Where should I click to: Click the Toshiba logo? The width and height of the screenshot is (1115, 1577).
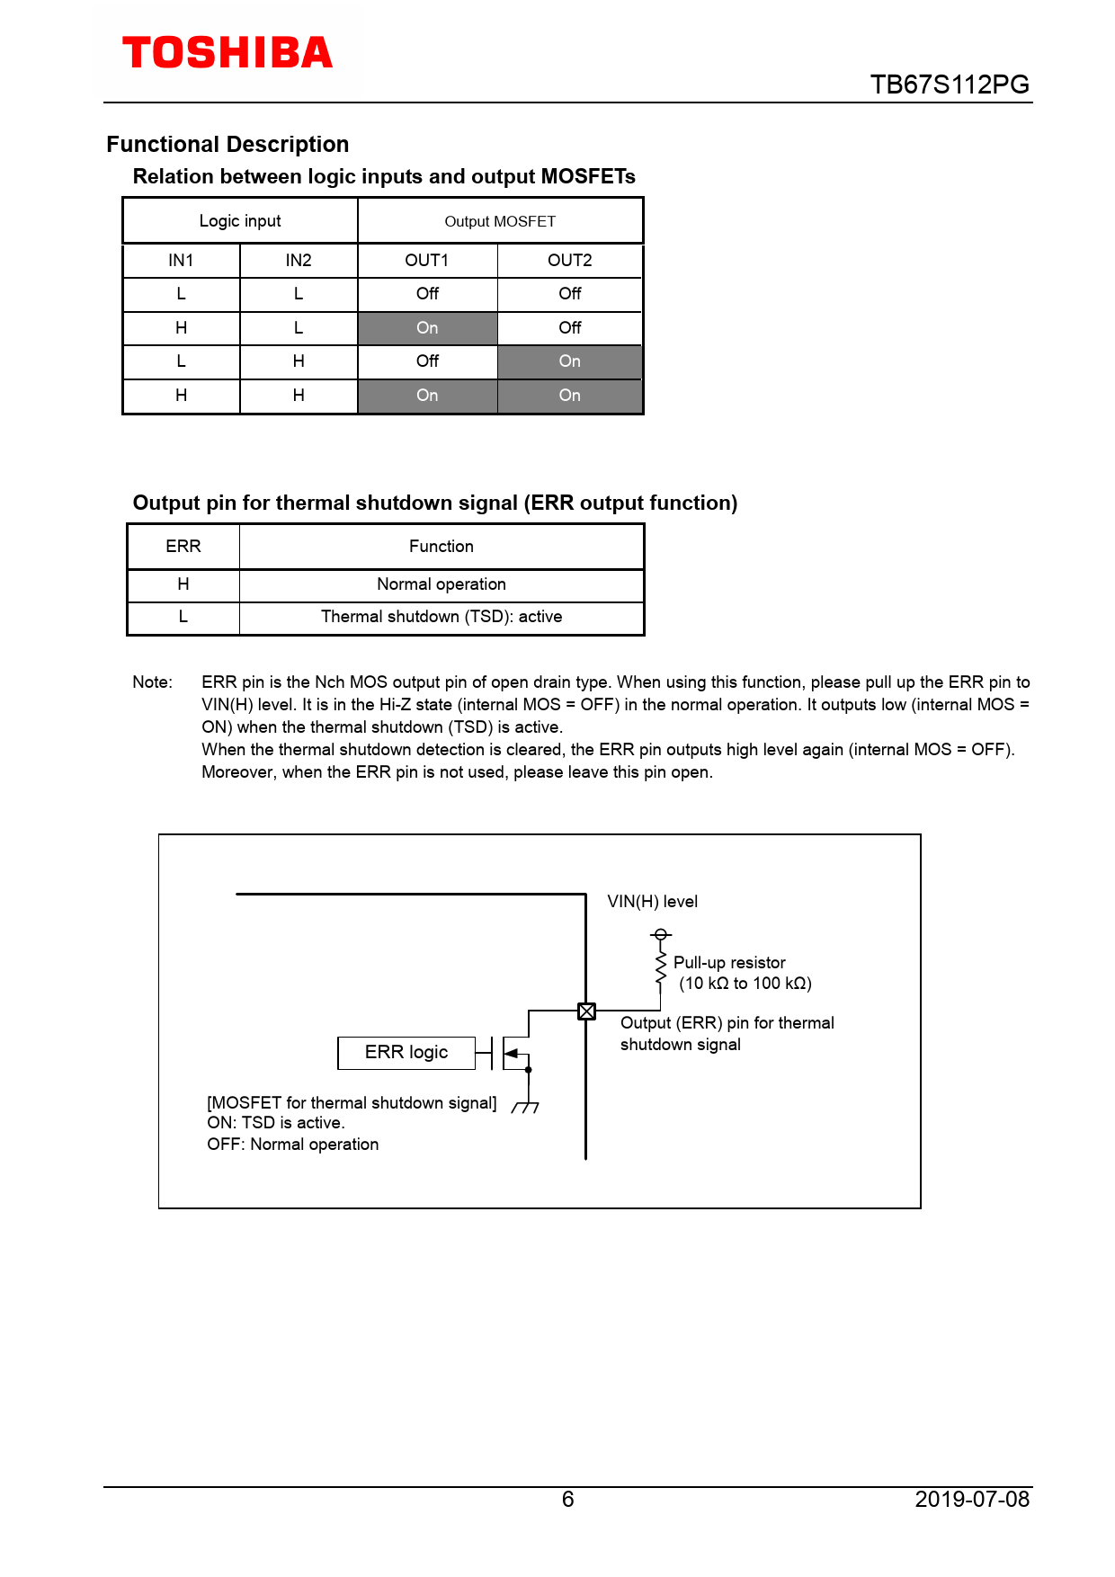(x=227, y=53)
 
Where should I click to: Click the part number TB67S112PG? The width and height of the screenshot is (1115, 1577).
(x=950, y=85)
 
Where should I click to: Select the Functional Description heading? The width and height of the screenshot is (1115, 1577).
(x=227, y=145)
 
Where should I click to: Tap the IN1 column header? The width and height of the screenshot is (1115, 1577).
(x=181, y=261)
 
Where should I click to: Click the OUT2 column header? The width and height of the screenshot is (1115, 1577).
(x=569, y=261)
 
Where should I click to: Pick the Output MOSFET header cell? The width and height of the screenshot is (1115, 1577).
(x=500, y=221)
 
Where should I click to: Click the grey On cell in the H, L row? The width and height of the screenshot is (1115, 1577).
(x=427, y=328)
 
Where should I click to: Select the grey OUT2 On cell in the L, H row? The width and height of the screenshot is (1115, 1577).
(x=569, y=361)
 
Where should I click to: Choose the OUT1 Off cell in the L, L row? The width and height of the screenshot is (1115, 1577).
(x=427, y=294)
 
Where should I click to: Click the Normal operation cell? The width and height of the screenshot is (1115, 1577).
(x=441, y=584)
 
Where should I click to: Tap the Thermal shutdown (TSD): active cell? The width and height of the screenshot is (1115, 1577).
(x=441, y=617)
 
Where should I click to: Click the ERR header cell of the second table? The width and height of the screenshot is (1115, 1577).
(x=183, y=547)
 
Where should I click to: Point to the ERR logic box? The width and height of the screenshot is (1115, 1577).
(x=406, y=1053)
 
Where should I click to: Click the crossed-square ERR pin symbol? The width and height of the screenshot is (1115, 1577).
(x=586, y=1011)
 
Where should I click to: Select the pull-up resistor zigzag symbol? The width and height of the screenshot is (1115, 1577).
(x=661, y=969)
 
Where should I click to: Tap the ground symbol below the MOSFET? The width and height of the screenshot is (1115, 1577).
(x=526, y=1107)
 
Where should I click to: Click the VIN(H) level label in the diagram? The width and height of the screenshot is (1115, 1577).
(x=652, y=902)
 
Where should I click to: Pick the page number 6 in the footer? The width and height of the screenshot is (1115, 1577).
(x=567, y=1499)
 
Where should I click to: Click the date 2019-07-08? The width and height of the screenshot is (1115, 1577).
(x=971, y=1499)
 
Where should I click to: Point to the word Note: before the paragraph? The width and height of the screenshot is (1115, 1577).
(x=152, y=682)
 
